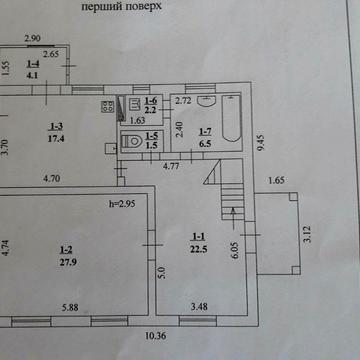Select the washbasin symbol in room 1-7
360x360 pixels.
click(x=206, y=100)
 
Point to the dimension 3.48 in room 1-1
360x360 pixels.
click(x=201, y=308)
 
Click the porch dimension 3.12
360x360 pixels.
click(x=306, y=234)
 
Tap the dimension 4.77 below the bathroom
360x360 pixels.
click(x=171, y=168)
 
